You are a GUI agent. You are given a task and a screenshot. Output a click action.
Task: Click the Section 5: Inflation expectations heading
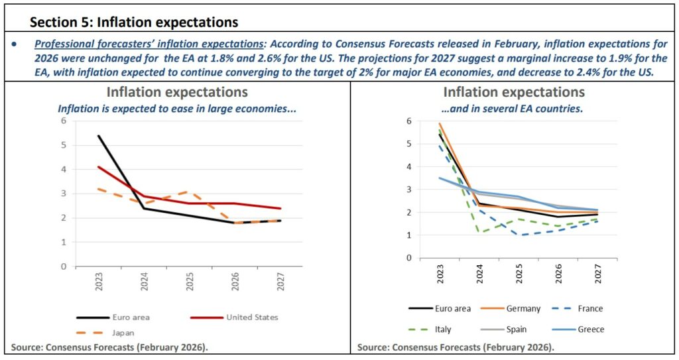(134, 22)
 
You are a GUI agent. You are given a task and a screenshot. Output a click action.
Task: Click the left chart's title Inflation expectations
(177, 92)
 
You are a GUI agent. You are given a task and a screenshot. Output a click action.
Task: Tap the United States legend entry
(253, 317)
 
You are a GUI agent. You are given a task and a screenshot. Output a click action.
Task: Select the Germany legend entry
(522, 308)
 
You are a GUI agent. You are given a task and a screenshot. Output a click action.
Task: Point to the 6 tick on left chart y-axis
(64, 121)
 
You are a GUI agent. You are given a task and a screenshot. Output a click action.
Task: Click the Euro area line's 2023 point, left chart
(98, 136)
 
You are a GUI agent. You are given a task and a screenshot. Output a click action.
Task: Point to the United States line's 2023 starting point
(98, 167)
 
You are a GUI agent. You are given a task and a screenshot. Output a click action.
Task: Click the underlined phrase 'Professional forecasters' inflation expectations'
(149, 44)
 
